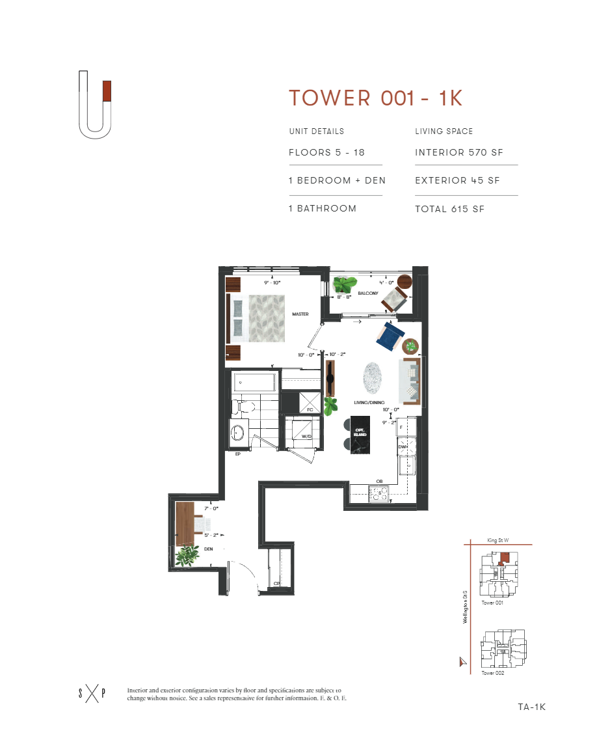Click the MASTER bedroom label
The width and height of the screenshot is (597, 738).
300,314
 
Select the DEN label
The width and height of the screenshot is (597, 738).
209,549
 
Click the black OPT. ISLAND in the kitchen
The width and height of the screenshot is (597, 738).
360,435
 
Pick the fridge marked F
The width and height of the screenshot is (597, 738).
403,427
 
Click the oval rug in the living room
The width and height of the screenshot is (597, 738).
374,378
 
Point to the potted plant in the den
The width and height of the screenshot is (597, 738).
189,555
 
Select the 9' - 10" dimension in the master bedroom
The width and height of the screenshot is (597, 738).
271,283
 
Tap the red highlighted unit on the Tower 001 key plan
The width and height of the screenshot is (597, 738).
505,558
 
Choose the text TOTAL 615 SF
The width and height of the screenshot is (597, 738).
449,209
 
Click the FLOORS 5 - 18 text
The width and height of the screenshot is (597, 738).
326,153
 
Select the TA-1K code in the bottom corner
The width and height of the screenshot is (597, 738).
531,707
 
